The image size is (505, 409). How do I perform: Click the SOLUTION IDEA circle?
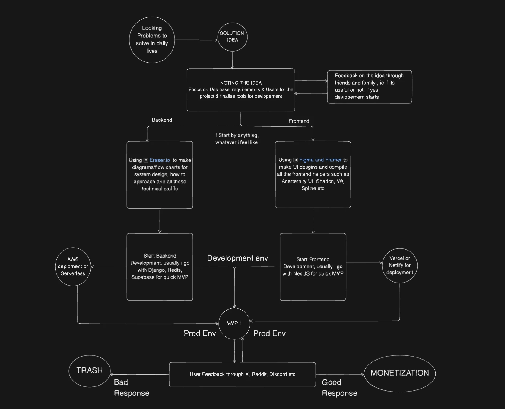tap(232, 37)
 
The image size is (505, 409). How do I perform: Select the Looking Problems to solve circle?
tap(152, 40)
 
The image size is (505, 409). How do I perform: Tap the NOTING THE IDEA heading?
tap(241, 83)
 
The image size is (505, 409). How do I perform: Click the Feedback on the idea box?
tap(369, 87)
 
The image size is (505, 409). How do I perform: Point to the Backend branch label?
tap(162, 120)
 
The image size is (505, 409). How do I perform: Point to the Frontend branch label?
tap(299, 121)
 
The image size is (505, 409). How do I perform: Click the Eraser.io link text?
tap(159, 160)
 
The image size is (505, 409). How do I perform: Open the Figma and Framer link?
tap(320, 160)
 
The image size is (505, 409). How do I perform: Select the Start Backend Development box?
tap(160, 267)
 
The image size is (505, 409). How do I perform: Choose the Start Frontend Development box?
tap(313, 267)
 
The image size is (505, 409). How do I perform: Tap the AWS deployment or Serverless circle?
tap(73, 267)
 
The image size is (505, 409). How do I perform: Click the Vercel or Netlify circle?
tap(399, 265)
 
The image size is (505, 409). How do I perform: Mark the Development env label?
tap(237, 258)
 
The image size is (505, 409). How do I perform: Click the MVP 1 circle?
tap(234, 323)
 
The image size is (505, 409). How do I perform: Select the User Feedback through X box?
tap(242, 374)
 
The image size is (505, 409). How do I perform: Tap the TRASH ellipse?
tap(89, 371)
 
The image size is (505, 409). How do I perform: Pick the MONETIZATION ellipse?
tap(399, 373)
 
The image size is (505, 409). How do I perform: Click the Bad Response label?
tap(131, 388)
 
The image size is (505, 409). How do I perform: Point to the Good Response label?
tap(339, 388)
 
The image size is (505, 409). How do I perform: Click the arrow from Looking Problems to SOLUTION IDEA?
tap(196, 40)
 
